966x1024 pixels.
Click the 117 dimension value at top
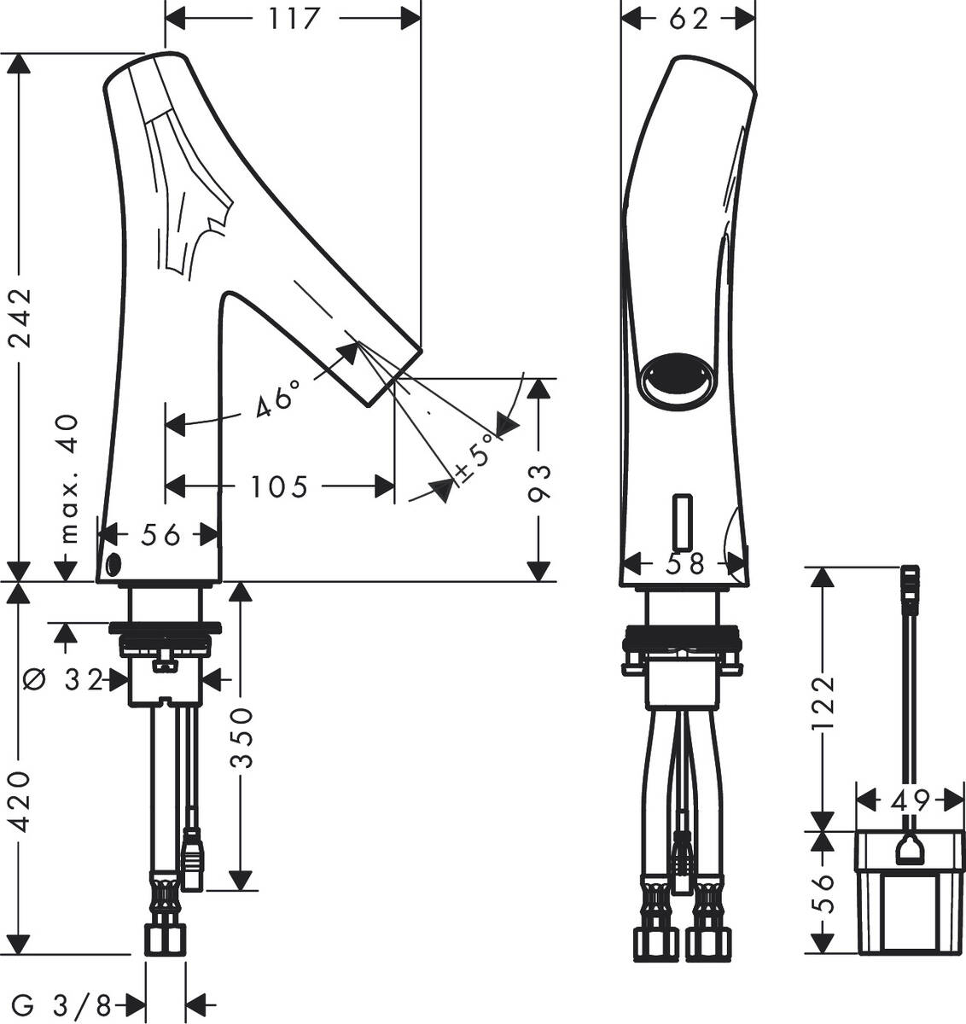(294, 18)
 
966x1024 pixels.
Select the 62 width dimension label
(689, 18)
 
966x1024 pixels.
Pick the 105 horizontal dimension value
(279, 486)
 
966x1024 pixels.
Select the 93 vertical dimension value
(539, 484)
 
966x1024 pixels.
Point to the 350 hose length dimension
(242, 736)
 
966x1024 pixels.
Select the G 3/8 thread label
(61, 1006)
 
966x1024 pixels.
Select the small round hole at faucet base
(113, 563)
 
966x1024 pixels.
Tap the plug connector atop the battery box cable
(911, 588)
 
